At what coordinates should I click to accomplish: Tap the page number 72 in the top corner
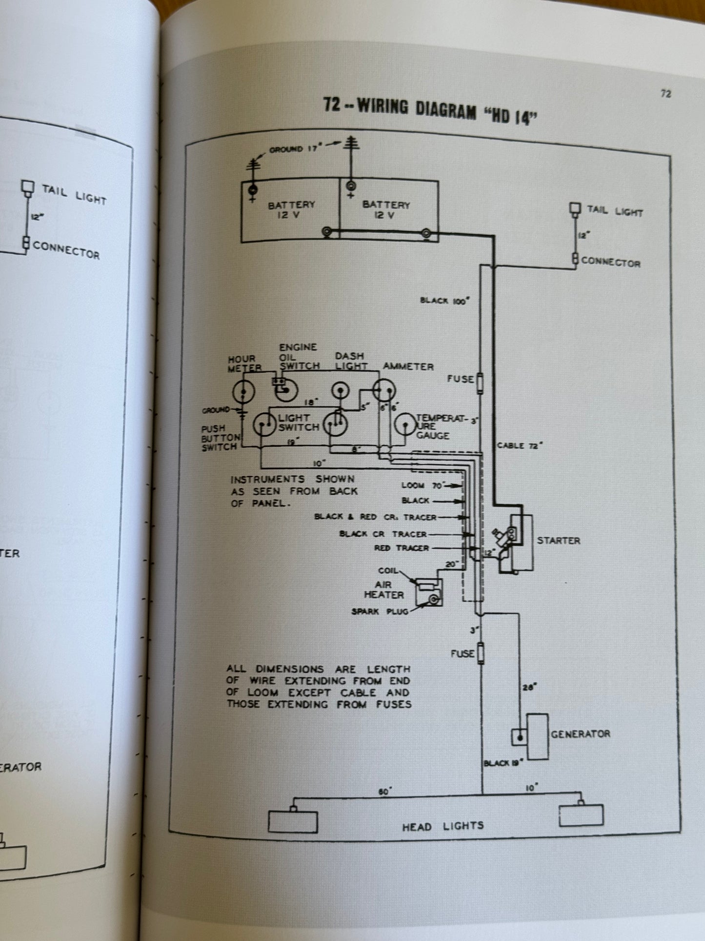pyautogui.click(x=665, y=94)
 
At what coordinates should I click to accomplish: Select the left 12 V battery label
pyautogui.click(x=291, y=210)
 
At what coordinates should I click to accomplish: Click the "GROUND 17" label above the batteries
pyautogui.click(x=293, y=149)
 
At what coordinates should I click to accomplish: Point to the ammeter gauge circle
pyautogui.click(x=384, y=390)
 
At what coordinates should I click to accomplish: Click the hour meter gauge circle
pyautogui.click(x=243, y=391)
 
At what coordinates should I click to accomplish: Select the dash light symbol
pyautogui.click(x=340, y=390)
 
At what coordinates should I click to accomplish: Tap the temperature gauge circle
pyautogui.click(x=405, y=425)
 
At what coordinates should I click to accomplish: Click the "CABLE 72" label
pyautogui.click(x=520, y=445)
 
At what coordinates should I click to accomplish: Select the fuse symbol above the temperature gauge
pyautogui.click(x=480, y=383)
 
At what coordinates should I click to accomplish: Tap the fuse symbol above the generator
pyautogui.click(x=481, y=653)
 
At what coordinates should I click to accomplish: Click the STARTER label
pyautogui.click(x=559, y=541)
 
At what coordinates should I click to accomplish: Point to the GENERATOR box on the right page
pyautogui.click(x=537, y=736)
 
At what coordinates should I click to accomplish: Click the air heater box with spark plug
pyautogui.click(x=429, y=592)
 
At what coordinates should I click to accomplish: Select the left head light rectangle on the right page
pyautogui.click(x=293, y=821)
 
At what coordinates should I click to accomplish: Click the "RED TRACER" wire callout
pyautogui.click(x=401, y=548)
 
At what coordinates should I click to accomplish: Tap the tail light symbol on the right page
pyautogui.click(x=575, y=210)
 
